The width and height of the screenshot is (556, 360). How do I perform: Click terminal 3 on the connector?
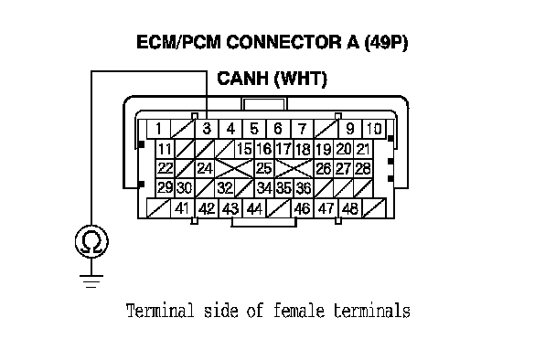click(207, 129)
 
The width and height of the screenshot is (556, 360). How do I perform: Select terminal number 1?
click(159, 129)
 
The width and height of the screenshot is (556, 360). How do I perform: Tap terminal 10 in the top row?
click(374, 129)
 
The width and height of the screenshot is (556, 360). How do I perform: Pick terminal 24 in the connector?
click(205, 168)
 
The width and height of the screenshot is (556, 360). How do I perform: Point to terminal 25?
click(264, 168)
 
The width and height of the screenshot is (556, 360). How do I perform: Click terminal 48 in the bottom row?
click(350, 208)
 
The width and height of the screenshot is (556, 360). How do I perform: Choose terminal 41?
click(183, 208)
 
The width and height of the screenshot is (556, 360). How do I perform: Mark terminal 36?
click(304, 188)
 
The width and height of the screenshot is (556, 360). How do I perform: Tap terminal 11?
click(166, 149)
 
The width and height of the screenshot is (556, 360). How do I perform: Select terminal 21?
click(363, 149)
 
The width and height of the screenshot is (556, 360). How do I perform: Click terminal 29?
click(166, 188)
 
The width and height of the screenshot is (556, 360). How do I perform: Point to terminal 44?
click(254, 208)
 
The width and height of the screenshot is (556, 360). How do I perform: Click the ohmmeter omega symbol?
click(91, 241)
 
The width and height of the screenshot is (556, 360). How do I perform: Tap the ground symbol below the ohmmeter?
click(91, 281)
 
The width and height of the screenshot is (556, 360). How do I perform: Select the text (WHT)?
click(301, 79)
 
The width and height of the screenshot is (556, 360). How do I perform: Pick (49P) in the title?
click(386, 43)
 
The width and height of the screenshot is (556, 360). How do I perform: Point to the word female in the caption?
click(298, 311)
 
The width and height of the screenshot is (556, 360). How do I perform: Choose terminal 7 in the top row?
click(303, 129)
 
